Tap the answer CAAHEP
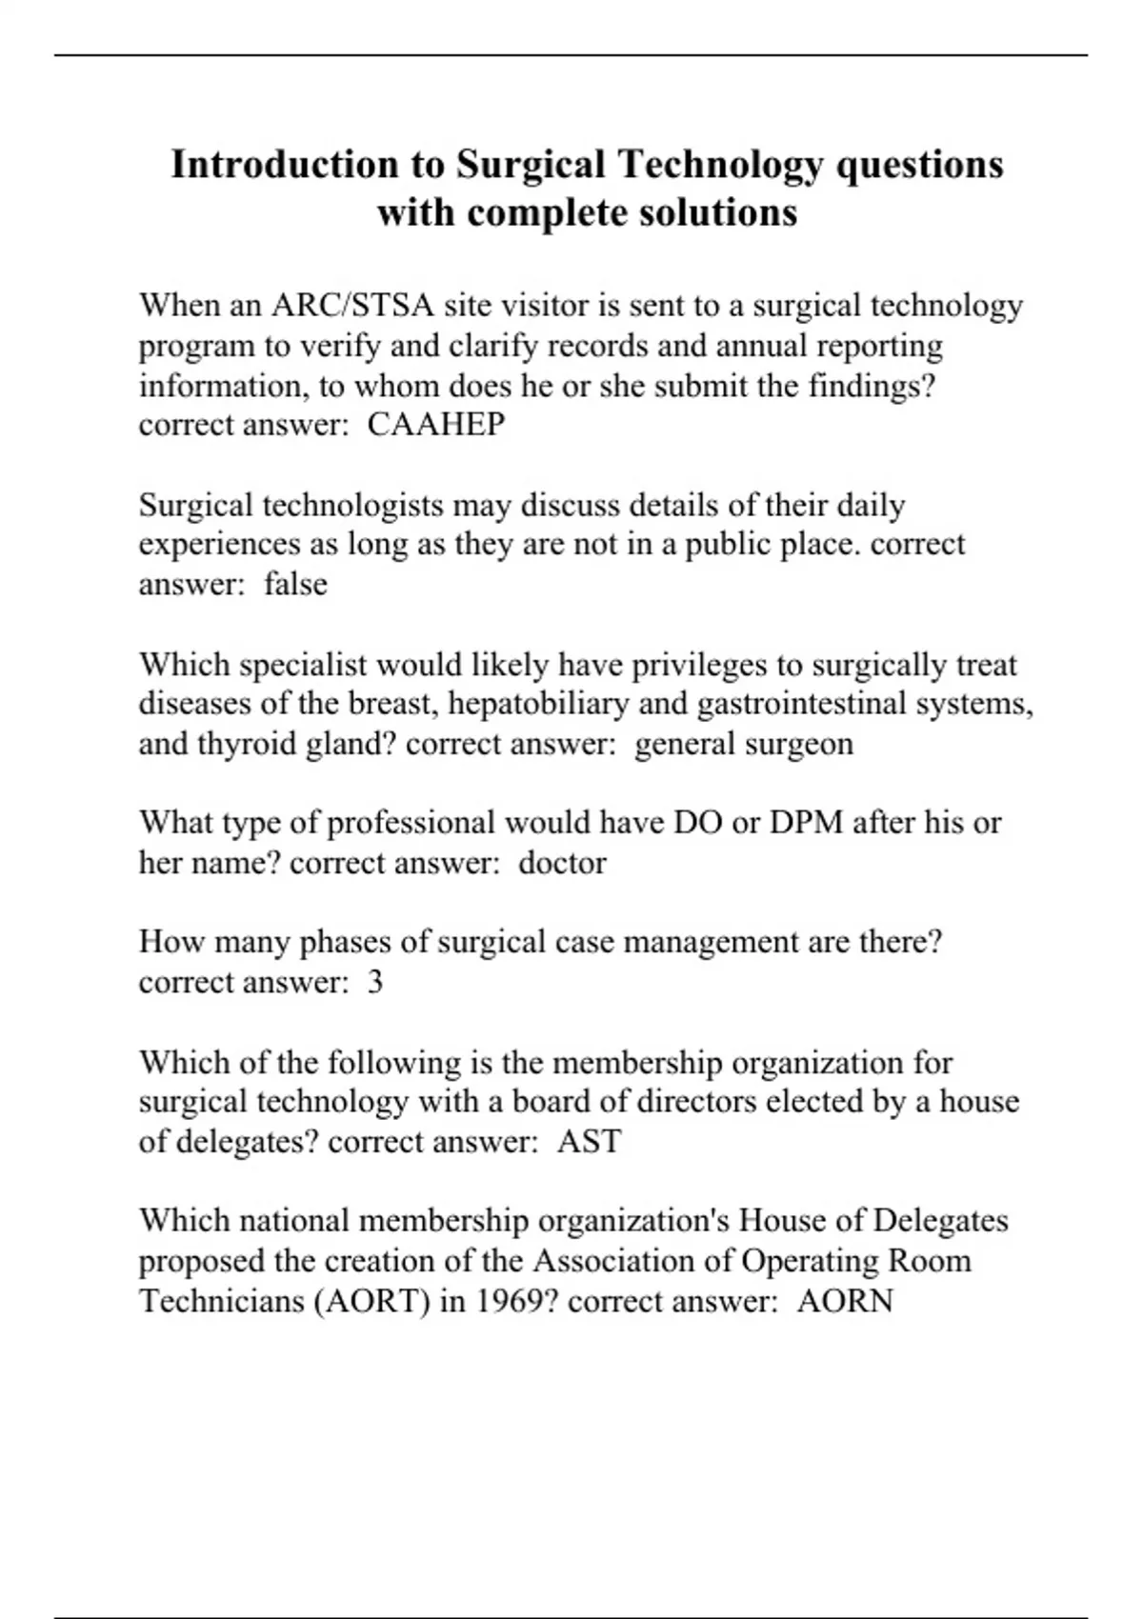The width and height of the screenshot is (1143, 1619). point(436,425)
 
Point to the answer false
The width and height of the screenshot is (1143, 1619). point(295,583)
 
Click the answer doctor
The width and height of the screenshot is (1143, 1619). point(562,863)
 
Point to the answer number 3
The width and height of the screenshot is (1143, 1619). point(375,982)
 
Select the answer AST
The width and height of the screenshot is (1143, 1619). point(590,1141)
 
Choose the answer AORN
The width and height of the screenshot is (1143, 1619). point(845,1301)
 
